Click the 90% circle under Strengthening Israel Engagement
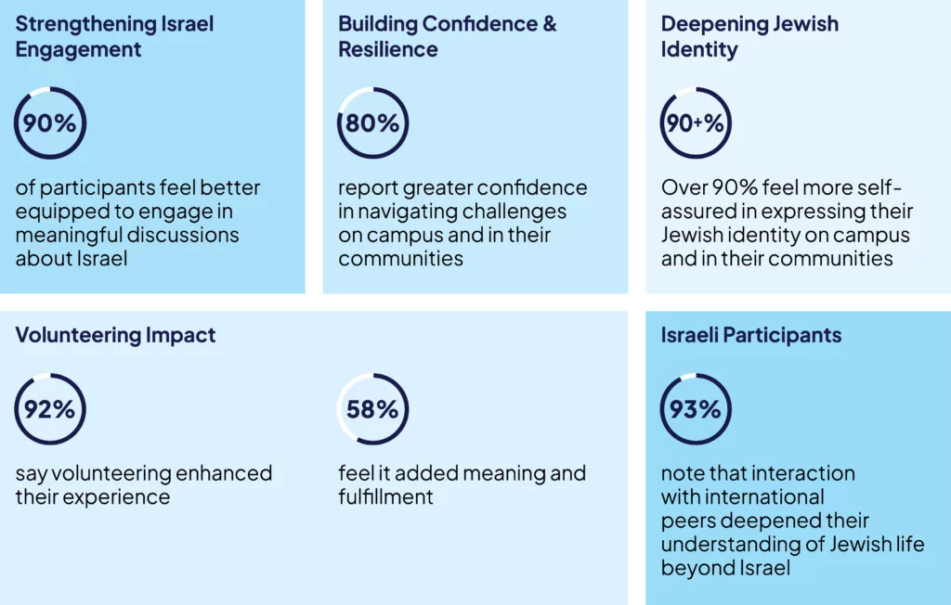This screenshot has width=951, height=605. (x=50, y=122)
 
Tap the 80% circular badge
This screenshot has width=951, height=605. (x=372, y=122)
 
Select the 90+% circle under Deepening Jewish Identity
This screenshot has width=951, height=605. (x=696, y=122)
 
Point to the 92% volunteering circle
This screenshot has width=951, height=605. (x=50, y=408)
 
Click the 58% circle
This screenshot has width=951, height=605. (x=372, y=408)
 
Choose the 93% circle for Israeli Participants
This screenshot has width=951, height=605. (x=696, y=408)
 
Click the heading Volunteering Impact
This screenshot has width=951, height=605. (x=115, y=335)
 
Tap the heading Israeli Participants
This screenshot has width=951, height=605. (x=751, y=335)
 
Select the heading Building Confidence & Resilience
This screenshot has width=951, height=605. (x=447, y=36)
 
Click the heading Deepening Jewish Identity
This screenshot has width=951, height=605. (x=749, y=36)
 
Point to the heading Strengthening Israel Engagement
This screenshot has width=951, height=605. (x=113, y=36)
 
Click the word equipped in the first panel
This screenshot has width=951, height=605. (x=58, y=212)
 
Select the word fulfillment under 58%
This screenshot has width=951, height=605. (x=385, y=497)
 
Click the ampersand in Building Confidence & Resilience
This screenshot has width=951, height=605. (x=548, y=24)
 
